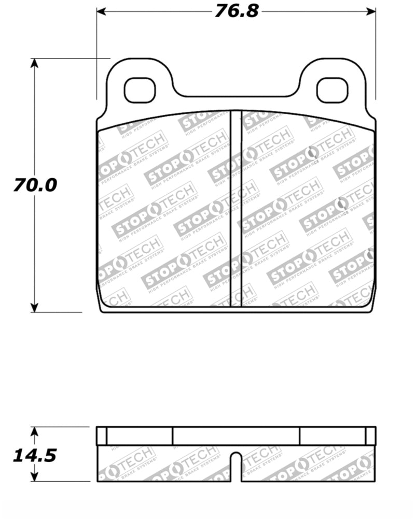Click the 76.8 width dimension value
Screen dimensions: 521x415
tap(236, 11)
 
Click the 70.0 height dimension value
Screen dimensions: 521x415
tap(35, 185)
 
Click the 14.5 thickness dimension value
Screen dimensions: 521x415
tap(35, 455)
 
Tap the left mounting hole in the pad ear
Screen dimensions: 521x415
tap(140, 90)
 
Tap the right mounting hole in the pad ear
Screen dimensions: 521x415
tap(331, 90)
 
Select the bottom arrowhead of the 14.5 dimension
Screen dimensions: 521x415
tap(34, 477)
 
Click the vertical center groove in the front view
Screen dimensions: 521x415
tap(236, 207)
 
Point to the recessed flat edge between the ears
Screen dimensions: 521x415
tap(236, 96)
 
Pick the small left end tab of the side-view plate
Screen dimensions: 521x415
tap(102, 436)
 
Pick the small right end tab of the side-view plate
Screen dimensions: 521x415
tap(370, 436)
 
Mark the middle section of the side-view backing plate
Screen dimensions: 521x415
tap(236, 436)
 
